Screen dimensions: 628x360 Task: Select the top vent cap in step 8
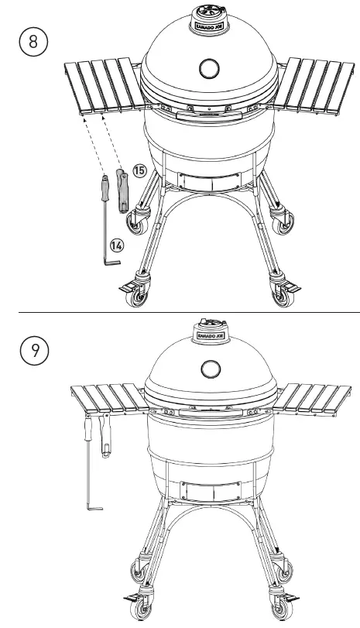(x=208, y=17)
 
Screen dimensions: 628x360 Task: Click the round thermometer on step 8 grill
(x=208, y=69)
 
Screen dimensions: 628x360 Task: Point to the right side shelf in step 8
(x=313, y=84)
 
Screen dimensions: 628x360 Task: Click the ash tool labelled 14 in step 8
(x=105, y=221)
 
